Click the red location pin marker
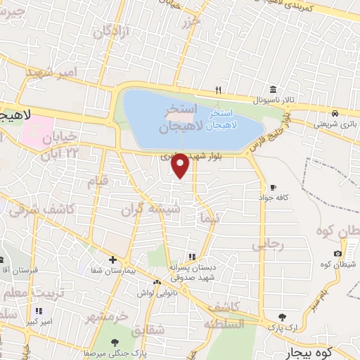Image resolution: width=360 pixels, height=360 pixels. pyautogui.click(x=181, y=165)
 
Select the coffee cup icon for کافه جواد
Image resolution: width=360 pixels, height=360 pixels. pyautogui.click(x=273, y=188)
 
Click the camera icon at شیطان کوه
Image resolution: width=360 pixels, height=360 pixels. pyautogui.click(x=337, y=253)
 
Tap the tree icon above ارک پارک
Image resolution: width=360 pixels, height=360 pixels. pyautogui.click(x=283, y=318)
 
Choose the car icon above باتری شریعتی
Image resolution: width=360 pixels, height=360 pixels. pyautogui.click(x=336, y=114)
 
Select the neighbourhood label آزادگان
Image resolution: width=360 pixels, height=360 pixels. pyautogui.click(x=112, y=32)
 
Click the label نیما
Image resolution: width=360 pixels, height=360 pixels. pyautogui.click(x=210, y=218)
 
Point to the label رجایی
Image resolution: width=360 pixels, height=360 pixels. pyautogui.click(x=266, y=245)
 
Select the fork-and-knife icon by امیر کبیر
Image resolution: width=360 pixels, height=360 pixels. pyautogui.click(x=39, y=310)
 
